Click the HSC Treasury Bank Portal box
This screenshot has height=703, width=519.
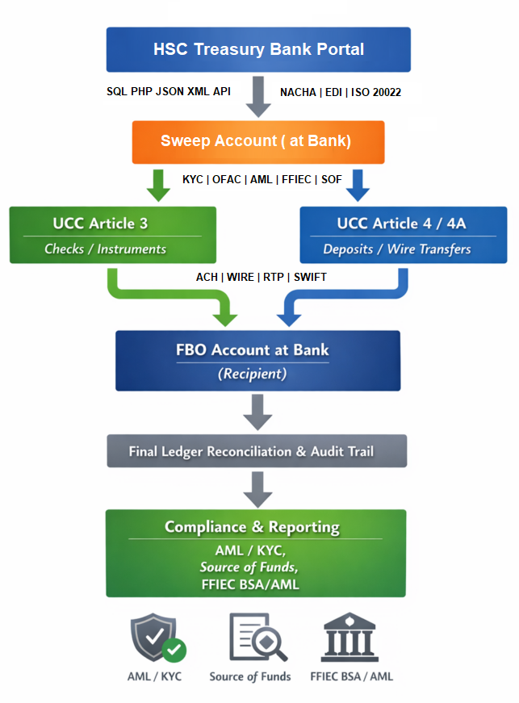pos(258,49)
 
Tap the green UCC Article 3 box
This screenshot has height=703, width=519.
pos(112,235)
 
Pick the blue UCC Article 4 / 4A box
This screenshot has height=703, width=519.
pos(403,235)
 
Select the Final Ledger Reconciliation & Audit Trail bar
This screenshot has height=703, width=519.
pos(257,451)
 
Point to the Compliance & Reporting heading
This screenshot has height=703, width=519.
pos(252,527)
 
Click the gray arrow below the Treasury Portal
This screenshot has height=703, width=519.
pos(259,95)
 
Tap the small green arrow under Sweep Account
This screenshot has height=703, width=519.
pos(158,185)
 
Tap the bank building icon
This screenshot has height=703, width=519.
pos(351,638)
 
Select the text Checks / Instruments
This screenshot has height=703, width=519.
pos(105,249)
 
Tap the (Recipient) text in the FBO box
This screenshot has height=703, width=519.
pos(253,374)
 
